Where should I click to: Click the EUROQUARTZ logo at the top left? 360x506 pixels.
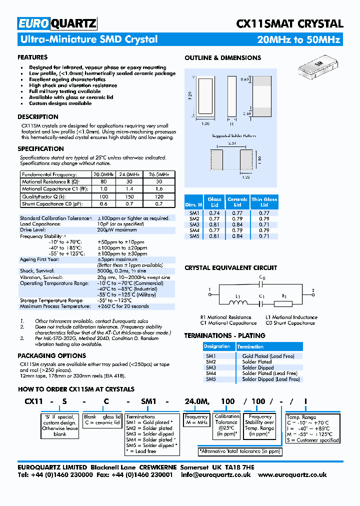[57, 23]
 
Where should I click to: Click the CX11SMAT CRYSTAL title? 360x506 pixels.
[289, 23]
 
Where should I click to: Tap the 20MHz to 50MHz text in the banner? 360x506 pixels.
[298, 39]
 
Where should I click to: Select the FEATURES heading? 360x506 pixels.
[32, 57]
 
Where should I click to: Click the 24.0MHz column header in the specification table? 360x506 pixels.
[128, 174]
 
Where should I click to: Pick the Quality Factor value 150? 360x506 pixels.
[128, 197]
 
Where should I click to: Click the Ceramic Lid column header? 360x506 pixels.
[237, 202]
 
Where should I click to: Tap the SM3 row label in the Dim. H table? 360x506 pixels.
[194, 224]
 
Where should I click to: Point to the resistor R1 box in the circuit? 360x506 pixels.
[284, 302]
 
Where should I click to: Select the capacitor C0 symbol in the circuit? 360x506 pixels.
[261, 283]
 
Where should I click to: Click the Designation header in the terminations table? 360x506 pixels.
[217, 346]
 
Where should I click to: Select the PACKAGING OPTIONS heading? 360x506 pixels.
[44, 356]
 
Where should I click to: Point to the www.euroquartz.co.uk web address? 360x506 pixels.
[292, 475]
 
